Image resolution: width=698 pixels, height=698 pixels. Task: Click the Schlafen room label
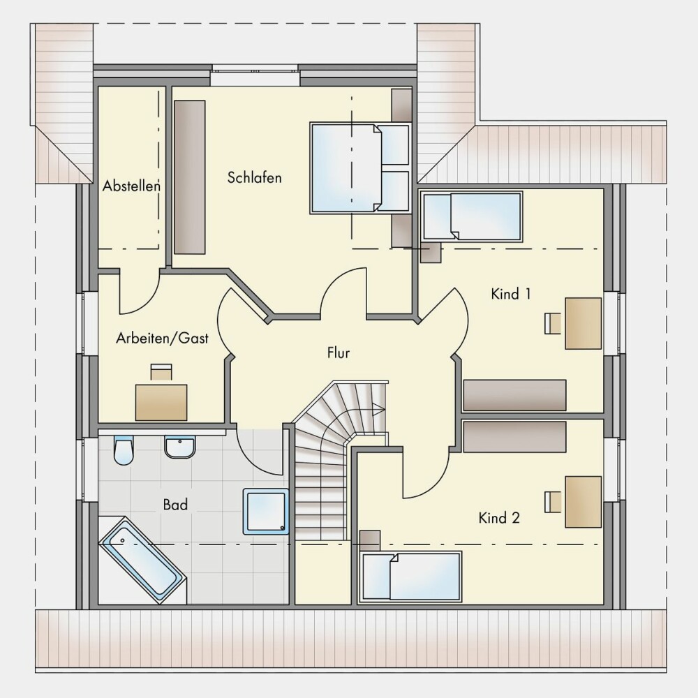pos(254,177)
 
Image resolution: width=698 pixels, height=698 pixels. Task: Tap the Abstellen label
pos(131,186)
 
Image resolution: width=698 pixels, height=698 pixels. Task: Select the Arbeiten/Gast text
pos(162,338)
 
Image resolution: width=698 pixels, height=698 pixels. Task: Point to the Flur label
pos(339,353)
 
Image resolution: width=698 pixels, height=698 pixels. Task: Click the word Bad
pos(175,505)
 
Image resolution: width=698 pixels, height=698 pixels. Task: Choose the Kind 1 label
pos(511,294)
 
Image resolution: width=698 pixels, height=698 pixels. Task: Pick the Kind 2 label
pos(499,518)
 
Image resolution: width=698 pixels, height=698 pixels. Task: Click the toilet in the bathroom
pos(124,450)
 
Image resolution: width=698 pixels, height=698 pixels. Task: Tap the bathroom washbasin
pos(180,447)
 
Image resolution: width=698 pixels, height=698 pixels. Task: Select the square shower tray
pos(266,512)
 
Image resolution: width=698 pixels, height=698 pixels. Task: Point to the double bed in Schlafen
pos(359,168)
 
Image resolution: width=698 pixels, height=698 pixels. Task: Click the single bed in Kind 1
pos(472,216)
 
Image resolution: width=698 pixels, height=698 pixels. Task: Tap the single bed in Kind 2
pos(411,577)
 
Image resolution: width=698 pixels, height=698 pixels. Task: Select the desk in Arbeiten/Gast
pos(161,403)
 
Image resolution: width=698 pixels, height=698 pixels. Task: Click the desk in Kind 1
pos(583,324)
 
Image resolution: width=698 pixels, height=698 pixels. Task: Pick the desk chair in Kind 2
pos(553,502)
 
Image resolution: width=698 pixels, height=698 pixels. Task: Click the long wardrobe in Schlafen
pos(190,177)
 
